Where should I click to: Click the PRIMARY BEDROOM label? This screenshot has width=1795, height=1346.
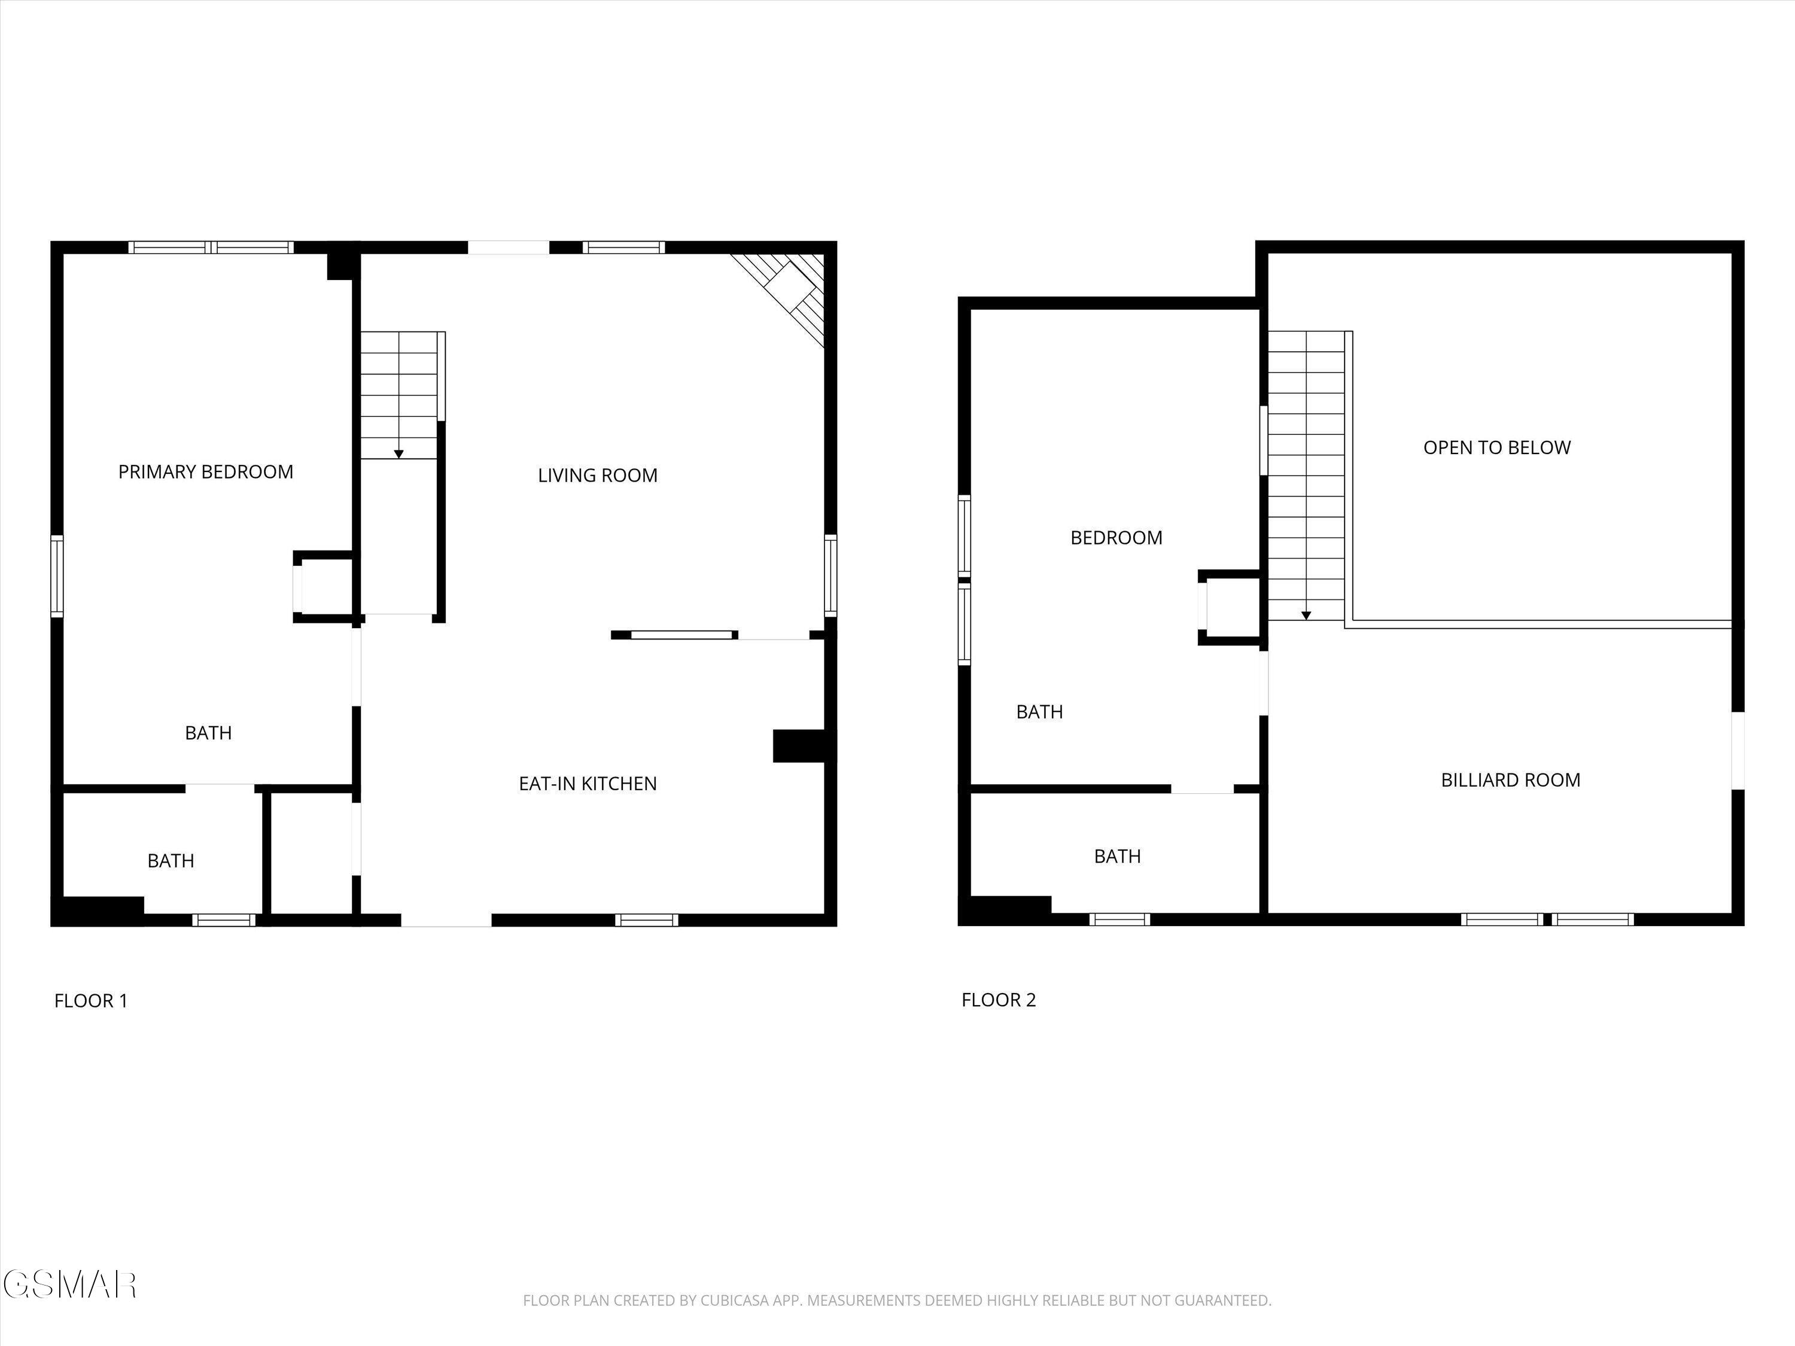206,471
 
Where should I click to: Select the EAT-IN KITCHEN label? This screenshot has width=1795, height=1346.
588,783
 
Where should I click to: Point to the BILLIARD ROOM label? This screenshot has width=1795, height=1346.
1510,779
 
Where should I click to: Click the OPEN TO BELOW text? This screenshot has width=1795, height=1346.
1496,447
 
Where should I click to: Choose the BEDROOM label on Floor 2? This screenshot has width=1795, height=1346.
1116,537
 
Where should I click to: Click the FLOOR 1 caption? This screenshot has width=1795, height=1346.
91,1000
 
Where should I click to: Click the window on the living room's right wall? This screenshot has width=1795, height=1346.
830,575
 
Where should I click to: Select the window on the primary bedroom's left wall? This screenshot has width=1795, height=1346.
57,577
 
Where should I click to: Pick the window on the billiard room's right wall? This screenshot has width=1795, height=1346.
1738,751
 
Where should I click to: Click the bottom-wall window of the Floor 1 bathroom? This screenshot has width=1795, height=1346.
224,920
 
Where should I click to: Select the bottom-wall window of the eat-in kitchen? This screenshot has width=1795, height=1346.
646,920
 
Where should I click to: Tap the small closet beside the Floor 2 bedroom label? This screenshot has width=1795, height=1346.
1231,608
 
